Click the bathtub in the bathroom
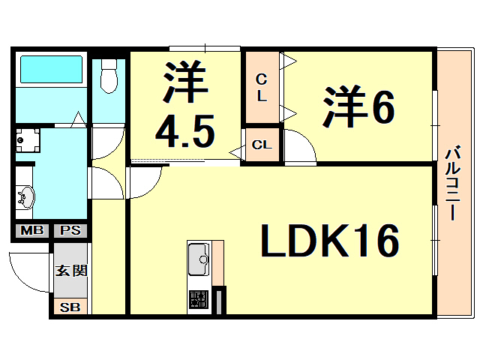pos(50,70)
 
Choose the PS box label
pos(70,231)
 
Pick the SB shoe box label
pos(70,306)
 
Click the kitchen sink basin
pos(199,257)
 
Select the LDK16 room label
pos(329,241)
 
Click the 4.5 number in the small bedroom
pos(184,133)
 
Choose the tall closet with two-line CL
pos(262,87)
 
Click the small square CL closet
pos(262,144)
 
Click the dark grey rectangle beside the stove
pos(219,301)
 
